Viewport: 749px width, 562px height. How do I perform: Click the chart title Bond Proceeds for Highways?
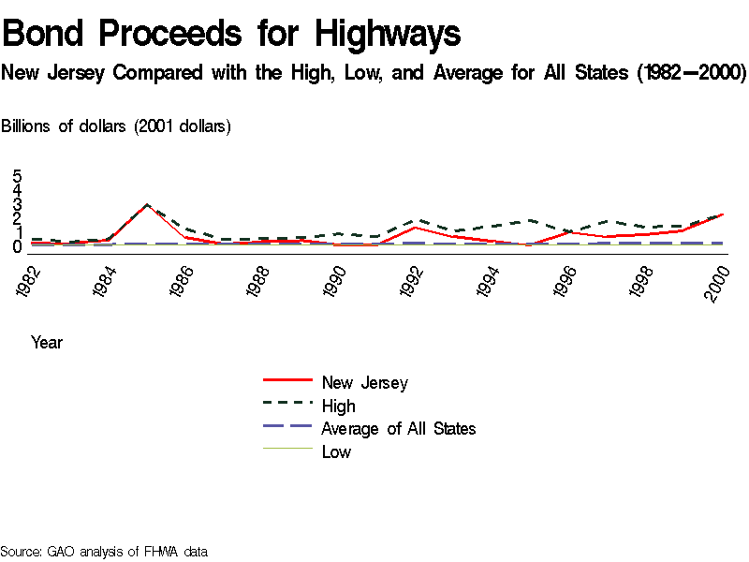point(232,34)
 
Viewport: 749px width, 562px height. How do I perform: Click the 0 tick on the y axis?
point(18,247)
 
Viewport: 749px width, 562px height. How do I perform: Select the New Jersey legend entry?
point(364,382)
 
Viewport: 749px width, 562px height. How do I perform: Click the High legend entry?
point(338,406)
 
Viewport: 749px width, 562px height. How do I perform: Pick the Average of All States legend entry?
point(398,429)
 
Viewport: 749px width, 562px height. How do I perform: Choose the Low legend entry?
point(336,452)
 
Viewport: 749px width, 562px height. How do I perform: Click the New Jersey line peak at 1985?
point(146,205)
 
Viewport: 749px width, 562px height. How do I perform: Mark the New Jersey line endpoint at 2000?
point(721,214)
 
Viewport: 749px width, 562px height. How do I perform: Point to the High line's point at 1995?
point(530,220)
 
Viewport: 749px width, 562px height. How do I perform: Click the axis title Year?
point(47,343)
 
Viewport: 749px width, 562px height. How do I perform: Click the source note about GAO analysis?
point(104,552)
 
